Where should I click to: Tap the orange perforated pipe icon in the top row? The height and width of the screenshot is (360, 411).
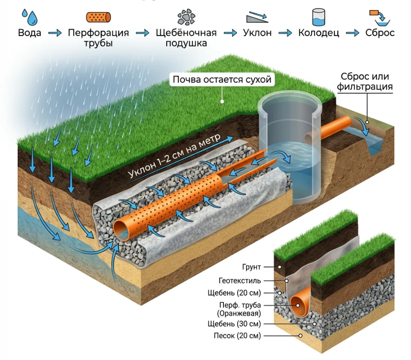(98, 17)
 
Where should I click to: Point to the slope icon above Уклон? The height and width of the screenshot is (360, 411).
(257, 17)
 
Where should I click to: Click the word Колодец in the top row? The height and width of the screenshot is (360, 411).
(319, 33)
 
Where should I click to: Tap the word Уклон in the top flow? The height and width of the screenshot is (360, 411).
(257, 33)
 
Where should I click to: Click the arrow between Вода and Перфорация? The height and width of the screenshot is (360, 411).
(55, 33)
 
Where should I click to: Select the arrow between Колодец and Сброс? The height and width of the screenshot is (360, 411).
(352, 33)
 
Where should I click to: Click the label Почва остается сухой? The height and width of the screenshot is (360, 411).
(222, 80)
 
